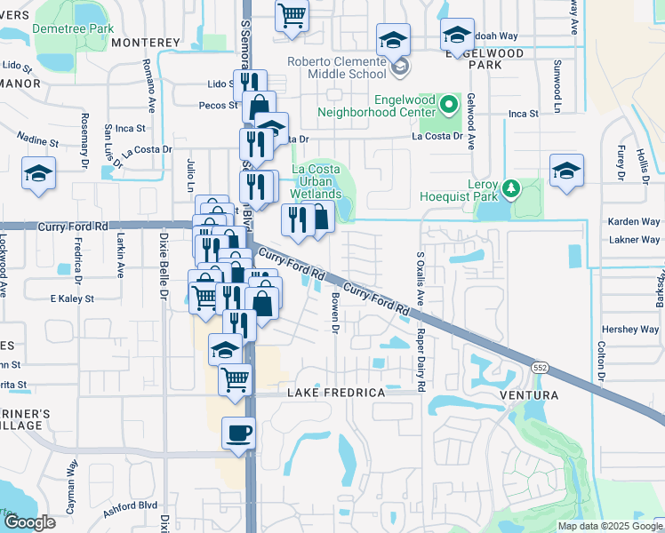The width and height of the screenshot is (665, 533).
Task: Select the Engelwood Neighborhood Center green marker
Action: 450,106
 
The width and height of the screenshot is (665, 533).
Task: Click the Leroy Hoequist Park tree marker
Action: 511,188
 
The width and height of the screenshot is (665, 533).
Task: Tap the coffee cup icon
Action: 238,434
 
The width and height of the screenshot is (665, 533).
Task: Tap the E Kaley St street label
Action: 72,298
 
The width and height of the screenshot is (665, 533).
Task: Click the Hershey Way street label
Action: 630,329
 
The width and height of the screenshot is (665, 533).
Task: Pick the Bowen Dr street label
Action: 336,314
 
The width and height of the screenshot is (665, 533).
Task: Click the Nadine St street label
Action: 37,140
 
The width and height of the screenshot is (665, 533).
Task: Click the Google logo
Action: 29,522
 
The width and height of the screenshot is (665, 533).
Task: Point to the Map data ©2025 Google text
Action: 609,526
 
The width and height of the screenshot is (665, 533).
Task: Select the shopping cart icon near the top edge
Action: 291,15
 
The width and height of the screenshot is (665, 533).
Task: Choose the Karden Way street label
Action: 633,221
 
